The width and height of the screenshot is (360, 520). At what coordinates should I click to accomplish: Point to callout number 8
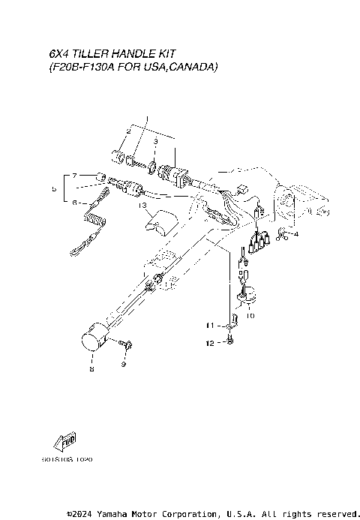[91, 368]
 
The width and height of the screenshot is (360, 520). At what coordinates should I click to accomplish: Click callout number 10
[250, 316]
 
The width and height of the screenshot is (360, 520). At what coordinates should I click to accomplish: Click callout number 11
[211, 325]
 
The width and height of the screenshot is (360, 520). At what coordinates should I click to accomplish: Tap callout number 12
[211, 342]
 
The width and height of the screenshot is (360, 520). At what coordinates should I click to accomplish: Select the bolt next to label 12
[229, 342]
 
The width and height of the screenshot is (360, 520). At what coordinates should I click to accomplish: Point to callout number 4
[295, 234]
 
